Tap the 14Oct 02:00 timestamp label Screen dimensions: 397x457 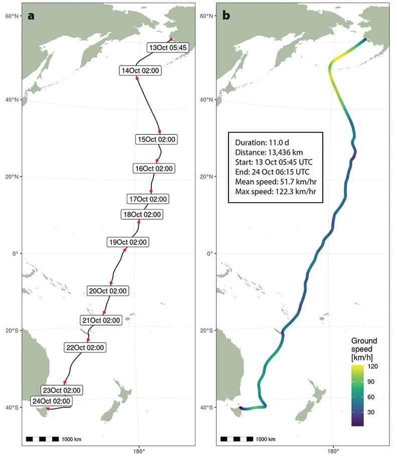pyautogui.click(x=140, y=71)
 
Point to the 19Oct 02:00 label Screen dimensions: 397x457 pyautogui.click(x=128, y=242)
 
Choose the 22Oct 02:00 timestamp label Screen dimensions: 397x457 pyautogui.click(x=85, y=347)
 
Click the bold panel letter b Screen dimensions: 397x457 pyautogui.click(x=226, y=16)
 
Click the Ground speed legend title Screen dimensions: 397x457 pyautogui.click(x=364, y=347)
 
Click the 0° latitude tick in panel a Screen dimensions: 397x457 pyautogui.click(x=16, y=253)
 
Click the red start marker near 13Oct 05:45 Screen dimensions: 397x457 pyautogui.click(x=171, y=39)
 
